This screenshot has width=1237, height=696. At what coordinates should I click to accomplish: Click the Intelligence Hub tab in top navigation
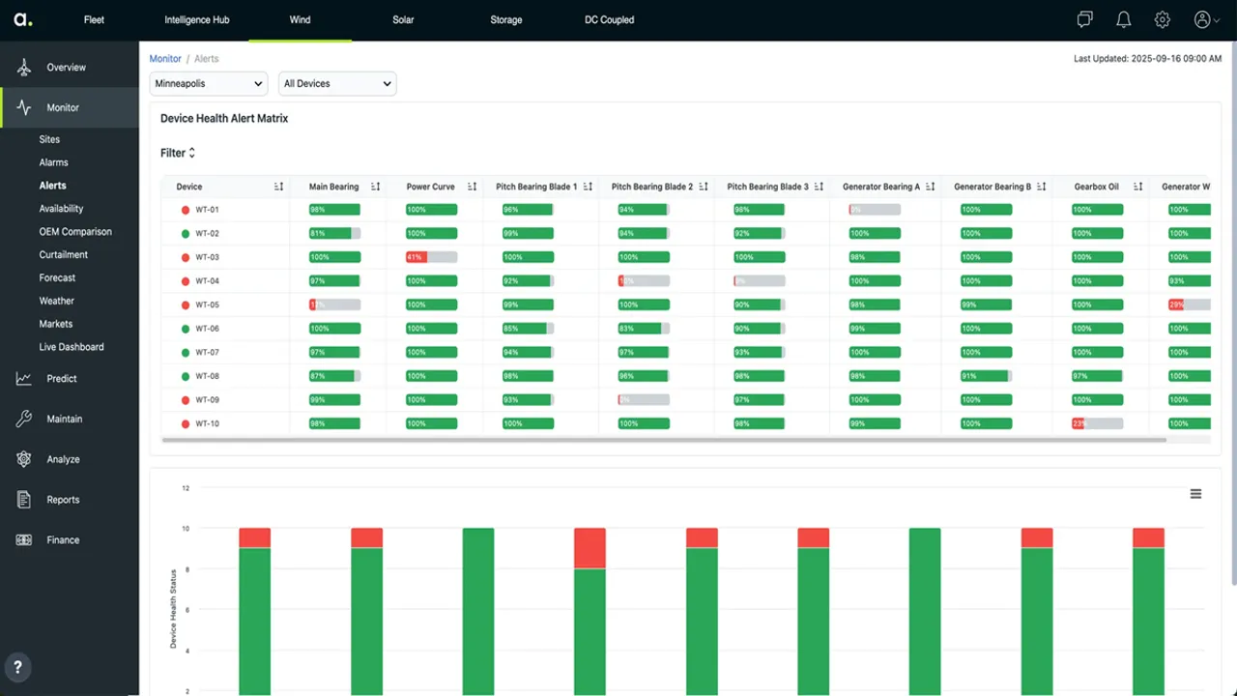click(x=196, y=19)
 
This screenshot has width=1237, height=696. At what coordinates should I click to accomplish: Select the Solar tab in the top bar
click(x=403, y=19)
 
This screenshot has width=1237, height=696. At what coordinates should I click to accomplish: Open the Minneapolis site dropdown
click(x=209, y=84)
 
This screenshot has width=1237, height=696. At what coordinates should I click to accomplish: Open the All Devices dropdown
click(x=337, y=84)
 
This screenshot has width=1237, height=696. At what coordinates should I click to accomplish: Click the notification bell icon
click(x=1123, y=19)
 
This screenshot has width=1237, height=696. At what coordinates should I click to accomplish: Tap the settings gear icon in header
click(x=1163, y=19)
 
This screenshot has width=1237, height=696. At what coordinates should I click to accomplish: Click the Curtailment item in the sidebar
click(x=64, y=255)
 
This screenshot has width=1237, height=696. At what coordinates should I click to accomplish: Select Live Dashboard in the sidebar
click(x=72, y=347)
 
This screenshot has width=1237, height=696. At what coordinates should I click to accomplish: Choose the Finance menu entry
click(x=63, y=540)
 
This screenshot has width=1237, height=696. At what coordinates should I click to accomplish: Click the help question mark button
click(x=17, y=666)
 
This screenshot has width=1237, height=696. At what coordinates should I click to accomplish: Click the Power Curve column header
click(x=430, y=187)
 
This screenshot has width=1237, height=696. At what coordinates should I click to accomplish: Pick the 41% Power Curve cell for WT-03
click(x=431, y=257)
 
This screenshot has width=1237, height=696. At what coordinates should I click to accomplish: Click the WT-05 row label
click(x=207, y=304)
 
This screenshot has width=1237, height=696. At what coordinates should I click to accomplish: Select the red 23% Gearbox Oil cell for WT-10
click(x=1096, y=423)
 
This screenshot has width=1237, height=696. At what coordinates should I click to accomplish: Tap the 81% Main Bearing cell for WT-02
click(x=334, y=233)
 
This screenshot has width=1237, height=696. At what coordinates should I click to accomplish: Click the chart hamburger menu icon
click(x=1195, y=494)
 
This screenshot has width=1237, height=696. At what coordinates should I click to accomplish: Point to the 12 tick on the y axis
click(x=187, y=488)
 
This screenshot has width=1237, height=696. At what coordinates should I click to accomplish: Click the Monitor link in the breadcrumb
click(x=165, y=59)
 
